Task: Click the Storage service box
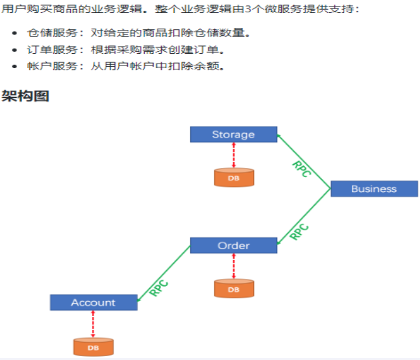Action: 233,134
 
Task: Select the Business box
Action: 373,189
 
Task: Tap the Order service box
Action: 233,245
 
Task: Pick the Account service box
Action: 93,302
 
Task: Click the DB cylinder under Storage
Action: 233,177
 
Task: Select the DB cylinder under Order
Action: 233,289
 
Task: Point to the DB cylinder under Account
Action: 93,347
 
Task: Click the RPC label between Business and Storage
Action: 302,168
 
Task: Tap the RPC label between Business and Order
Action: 299,231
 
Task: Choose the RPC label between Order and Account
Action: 159,287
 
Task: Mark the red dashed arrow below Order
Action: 233,265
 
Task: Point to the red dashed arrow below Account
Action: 93,324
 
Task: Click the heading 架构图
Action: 25,96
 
